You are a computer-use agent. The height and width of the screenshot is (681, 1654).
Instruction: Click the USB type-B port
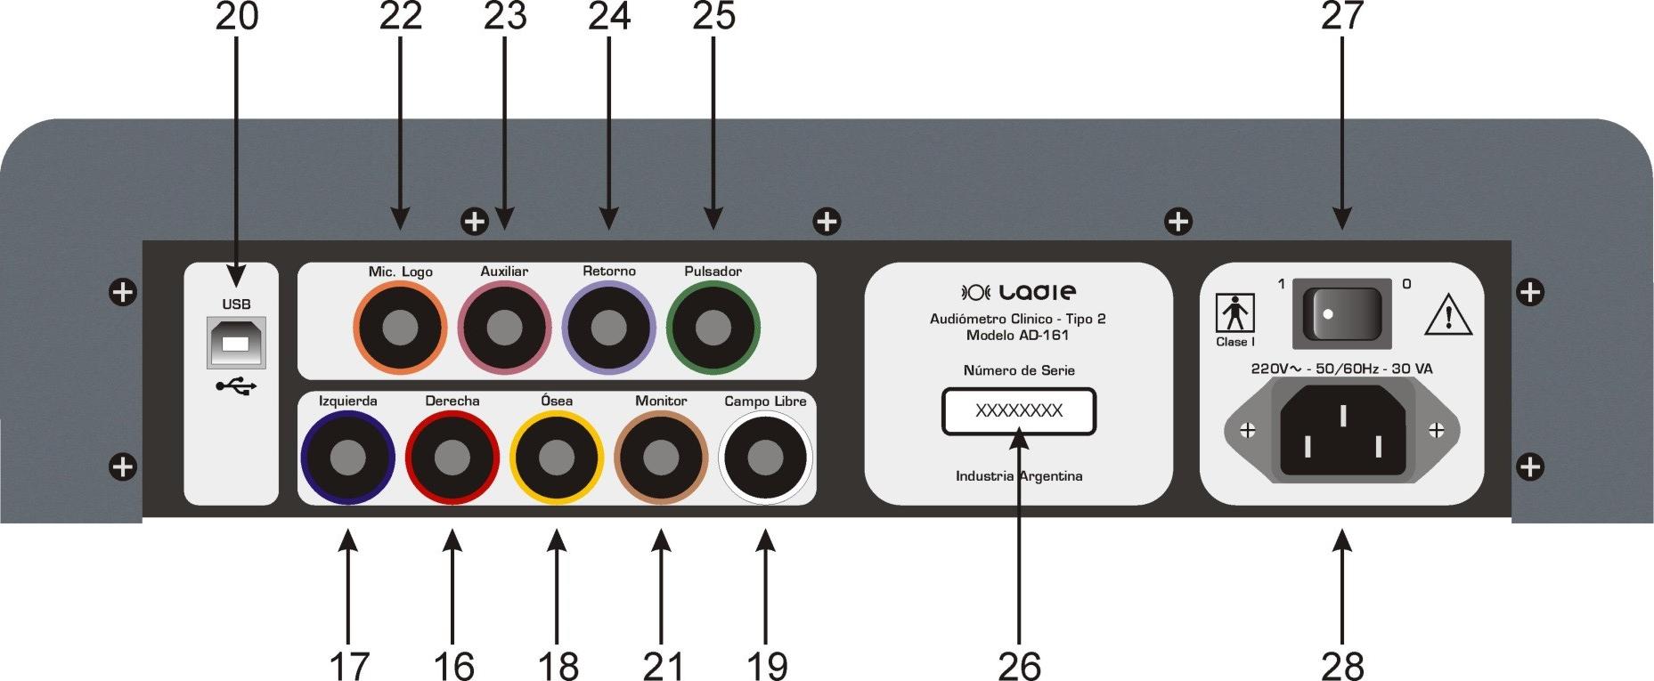(x=236, y=344)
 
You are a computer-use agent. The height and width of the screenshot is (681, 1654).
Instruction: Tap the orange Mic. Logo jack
(x=400, y=328)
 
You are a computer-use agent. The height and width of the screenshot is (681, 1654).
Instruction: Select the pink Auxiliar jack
(x=504, y=328)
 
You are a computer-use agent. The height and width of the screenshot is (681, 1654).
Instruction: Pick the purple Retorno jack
(x=609, y=328)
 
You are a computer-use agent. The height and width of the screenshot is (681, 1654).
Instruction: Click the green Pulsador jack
(x=713, y=328)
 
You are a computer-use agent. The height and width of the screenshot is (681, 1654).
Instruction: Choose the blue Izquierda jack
(x=347, y=458)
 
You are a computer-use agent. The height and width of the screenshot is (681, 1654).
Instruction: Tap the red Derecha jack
(x=452, y=458)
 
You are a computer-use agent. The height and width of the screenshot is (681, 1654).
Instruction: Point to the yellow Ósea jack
(x=557, y=458)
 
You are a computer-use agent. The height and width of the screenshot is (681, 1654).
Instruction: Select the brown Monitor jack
(x=661, y=458)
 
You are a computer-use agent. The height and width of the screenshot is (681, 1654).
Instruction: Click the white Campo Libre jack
(x=765, y=458)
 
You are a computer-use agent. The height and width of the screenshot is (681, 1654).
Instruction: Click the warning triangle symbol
(x=1447, y=316)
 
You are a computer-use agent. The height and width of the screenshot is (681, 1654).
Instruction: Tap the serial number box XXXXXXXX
(x=1019, y=411)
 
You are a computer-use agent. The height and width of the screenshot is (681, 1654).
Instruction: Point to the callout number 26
(x=1019, y=665)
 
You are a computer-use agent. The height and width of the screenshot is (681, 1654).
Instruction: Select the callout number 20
(x=237, y=16)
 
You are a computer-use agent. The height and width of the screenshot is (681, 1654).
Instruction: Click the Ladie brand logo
(x=1019, y=292)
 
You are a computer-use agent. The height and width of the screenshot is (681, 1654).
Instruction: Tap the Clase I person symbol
(x=1235, y=314)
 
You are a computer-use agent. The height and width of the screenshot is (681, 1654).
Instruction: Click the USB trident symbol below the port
(x=236, y=386)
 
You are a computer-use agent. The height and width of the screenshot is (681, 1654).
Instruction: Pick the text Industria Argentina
(x=1019, y=476)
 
